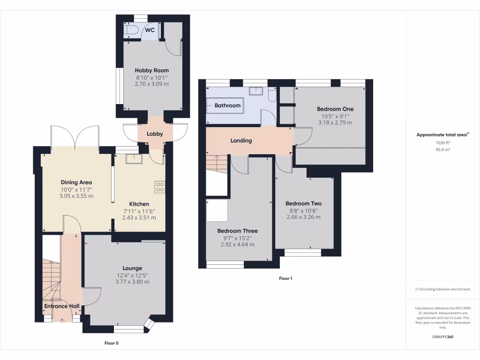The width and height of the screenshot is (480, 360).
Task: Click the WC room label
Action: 150,30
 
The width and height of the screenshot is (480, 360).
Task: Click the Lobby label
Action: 155,134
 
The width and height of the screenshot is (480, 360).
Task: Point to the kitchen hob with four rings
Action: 160,187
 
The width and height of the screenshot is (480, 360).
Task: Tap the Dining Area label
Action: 76,182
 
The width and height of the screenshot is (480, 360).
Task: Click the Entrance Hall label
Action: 61,307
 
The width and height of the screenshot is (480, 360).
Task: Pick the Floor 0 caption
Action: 111,343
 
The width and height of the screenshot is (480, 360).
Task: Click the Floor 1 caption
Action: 285,278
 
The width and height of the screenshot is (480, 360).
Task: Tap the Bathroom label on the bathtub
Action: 227,105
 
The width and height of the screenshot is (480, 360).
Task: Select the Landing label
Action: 241,141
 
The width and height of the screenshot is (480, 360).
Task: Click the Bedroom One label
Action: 335,109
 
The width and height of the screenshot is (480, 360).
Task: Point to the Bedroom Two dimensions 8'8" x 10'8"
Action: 304,210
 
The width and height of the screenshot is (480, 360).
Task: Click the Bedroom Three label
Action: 237,231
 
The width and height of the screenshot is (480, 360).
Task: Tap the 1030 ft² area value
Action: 442,142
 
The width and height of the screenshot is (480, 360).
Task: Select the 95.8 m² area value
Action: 442,150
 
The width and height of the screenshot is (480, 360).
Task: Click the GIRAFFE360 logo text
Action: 442,337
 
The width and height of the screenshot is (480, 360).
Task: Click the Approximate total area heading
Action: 442,135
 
